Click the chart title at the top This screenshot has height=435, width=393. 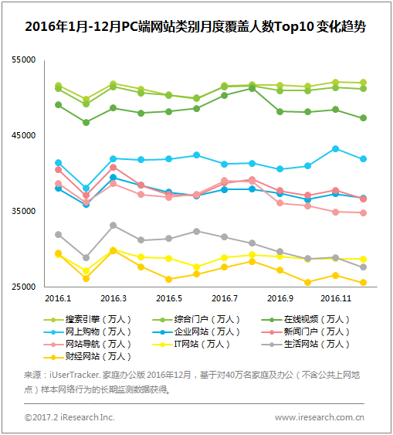pos(195,26)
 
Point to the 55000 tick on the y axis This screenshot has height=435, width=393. pos(24,59)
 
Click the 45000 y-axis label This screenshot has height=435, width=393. pos(24,135)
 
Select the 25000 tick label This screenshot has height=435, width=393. pos(24,287)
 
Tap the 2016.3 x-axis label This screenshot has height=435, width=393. pos(113,298)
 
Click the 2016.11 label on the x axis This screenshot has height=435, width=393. pos(336,298)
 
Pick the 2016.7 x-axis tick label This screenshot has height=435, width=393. pos(225,298)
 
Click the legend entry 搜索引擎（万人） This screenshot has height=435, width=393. pos(87,319)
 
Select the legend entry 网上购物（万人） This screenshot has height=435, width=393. pos(87,331)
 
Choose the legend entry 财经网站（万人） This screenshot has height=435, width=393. pos(87,356)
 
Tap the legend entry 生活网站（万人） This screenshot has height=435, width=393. pos(305,345)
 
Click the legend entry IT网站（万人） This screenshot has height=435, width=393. pos(191,345)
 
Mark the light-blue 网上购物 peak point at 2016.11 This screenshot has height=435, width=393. pos(335,149)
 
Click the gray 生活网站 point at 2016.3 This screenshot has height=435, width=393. pos(113,226)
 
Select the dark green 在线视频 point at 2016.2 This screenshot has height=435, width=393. pos(86,122)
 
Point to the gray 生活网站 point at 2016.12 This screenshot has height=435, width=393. pos(363,267)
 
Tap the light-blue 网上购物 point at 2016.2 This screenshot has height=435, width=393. pos(86,188)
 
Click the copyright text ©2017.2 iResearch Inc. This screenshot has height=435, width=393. pos(69,417)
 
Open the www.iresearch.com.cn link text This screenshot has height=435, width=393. pos(320,417)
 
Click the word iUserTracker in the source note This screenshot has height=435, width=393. pos(75,375)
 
